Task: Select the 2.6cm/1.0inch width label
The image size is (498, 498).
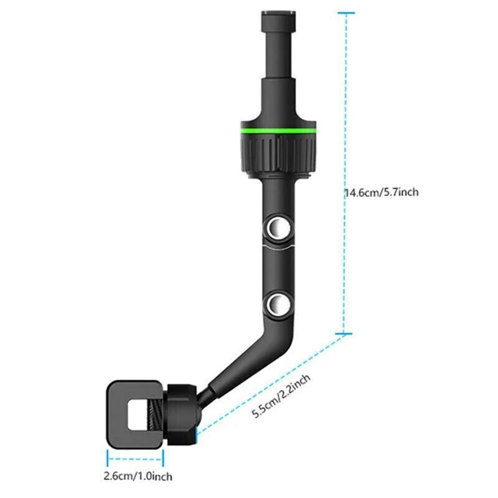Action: pos(136,477)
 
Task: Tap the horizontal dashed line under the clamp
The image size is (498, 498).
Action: pos(135,461)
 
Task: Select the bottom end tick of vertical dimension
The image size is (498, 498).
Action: pos(345,335)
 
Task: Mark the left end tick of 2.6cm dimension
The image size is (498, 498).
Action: pos(107,461)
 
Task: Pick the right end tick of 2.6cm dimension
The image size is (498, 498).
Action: pos(163,461)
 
